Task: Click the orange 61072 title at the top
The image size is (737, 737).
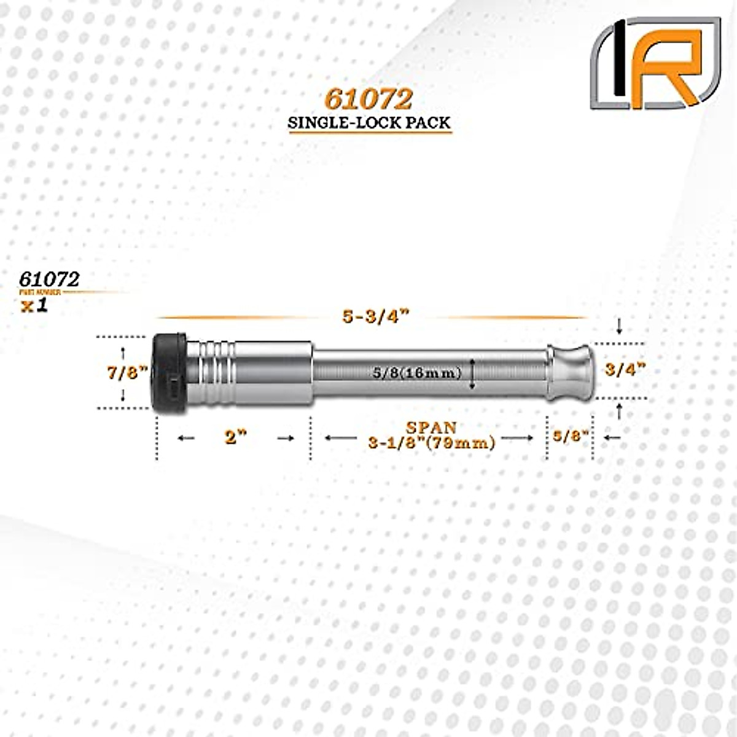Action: tap(368, 99)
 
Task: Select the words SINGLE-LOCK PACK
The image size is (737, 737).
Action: tap(370, 122)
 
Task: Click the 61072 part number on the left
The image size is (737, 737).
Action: tap(49, 279)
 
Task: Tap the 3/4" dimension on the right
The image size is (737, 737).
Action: tap(625, 370)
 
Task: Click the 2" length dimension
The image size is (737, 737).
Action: tap(235, 438)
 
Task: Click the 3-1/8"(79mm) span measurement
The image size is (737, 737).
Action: tap(432, 443)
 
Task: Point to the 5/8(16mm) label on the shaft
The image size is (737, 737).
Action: tap(417, 373)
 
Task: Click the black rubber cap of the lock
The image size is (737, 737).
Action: tap(170, 373)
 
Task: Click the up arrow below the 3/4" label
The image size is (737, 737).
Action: tap(619, 411)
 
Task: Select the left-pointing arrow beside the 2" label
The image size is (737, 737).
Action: tap(185, 438)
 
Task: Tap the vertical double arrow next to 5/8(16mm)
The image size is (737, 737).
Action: tap(472, 373)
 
